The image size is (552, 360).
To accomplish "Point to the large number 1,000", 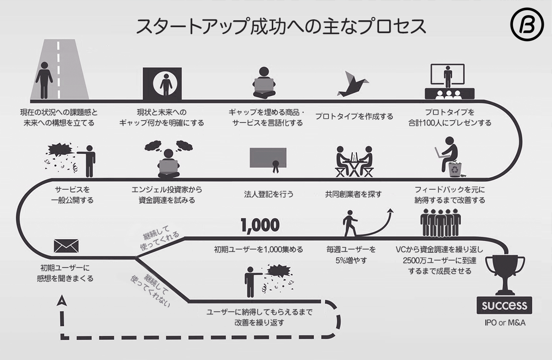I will [260, 225].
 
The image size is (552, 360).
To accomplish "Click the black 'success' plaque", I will [505, 305].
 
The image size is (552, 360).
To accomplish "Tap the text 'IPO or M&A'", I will [505, 323].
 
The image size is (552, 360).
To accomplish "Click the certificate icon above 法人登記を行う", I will [269, 159].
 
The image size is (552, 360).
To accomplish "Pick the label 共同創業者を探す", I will [353, 194].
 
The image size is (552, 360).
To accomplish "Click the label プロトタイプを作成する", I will [354, 116].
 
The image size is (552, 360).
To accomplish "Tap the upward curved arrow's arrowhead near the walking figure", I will [391, 211].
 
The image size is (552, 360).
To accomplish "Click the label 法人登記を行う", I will [269, 194].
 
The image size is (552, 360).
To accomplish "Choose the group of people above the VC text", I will [441, 222].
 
